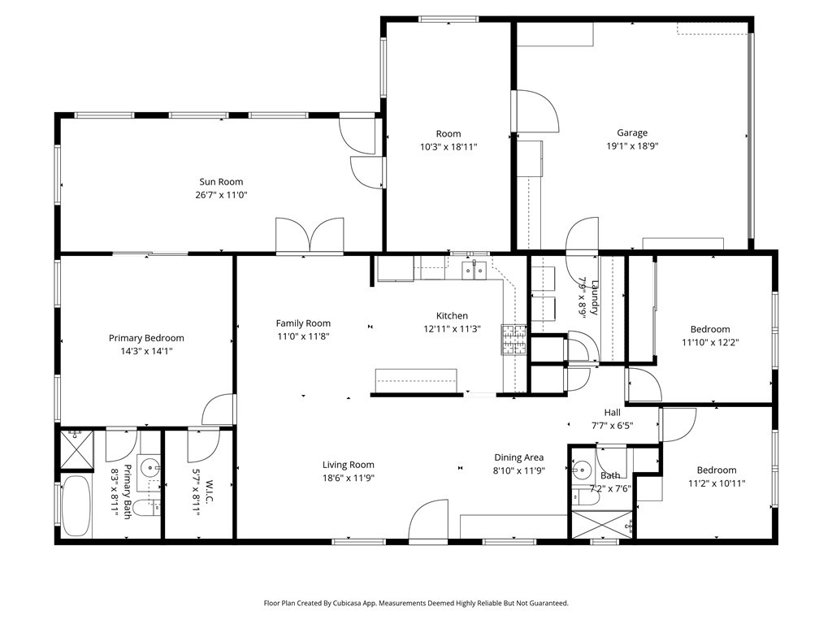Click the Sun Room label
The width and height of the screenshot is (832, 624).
pyautogui.click(x=221, y=182)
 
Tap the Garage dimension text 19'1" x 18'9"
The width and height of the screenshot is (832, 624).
pyautogui.click(x=632, y=147)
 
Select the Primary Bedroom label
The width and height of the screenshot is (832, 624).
pyautogui.click(x=146, y=338)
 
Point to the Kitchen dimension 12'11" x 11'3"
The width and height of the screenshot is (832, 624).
pyautogui.click(x=452, y=329)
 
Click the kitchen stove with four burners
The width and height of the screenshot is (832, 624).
pyautogui.click(x=513, y=340)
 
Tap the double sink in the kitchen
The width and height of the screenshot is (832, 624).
pyautogui.click(x=474, y=269)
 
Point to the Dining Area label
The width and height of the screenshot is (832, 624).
pyautogui.click(x=518, y=457)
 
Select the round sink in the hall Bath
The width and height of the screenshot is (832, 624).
pyautogui.click(x=582, y=470)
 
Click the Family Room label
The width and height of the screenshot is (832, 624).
pyautogui.click(x=303, y=323)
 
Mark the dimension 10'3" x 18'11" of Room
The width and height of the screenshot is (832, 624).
pyautogui.click(x=448, y=147)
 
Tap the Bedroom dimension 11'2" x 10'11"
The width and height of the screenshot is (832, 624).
pyautogui.click(x=716, y=483)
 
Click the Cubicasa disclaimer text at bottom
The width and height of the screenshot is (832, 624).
pyautogui.click(x=416, y=603)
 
